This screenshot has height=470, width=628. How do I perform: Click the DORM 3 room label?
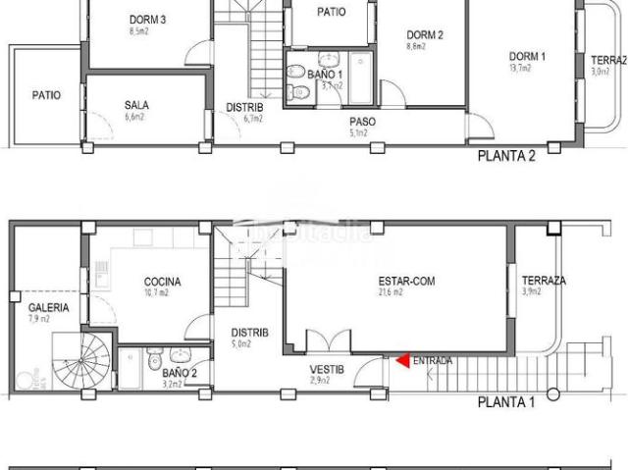(147, 20)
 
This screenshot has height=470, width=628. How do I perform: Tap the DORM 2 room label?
(426, 35)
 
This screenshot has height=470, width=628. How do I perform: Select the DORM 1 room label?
(527, 56)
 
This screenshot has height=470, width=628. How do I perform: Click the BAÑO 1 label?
(324, 75)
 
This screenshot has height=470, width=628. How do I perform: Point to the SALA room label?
(136, 105)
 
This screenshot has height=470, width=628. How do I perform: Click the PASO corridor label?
(362, 122)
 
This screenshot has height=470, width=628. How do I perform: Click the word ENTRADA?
(433, 361)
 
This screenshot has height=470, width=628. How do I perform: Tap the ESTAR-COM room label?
(406, 281)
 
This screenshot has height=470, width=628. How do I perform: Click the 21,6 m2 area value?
(393, 291)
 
